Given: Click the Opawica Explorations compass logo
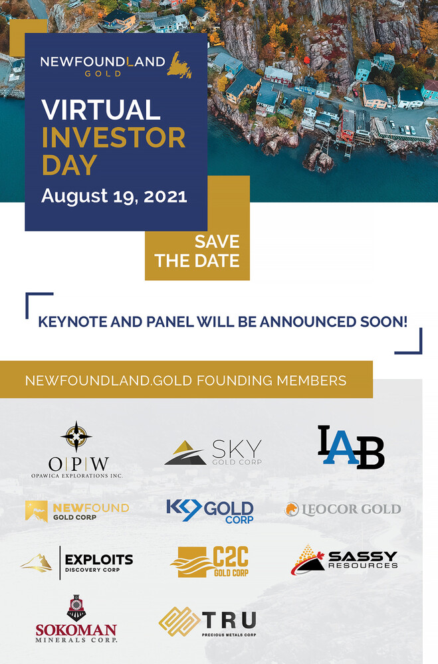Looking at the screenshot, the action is coord(76,450).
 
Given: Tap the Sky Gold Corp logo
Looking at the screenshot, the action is coord(213,452).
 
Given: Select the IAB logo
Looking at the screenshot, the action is coord(351,447).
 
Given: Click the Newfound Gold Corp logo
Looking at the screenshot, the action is coord(76,511).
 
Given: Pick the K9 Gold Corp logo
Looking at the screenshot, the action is coord(210,511).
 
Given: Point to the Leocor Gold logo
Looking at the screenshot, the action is coord(342,509).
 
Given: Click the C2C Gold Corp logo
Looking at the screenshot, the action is coord(209,562).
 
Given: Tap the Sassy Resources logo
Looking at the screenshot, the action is coord(344,560).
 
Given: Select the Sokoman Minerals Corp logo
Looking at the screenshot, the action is coord(76,619).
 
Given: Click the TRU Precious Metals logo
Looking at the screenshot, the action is coord(208,622).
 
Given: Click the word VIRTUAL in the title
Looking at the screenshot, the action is coord(101,110).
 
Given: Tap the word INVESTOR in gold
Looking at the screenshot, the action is coord(114,137).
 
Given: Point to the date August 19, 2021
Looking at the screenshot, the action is coord(114,197).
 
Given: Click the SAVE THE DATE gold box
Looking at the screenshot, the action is coord(197,251).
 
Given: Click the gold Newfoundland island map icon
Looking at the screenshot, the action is coord(179,65).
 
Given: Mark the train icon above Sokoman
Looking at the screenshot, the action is coord(76,608).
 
